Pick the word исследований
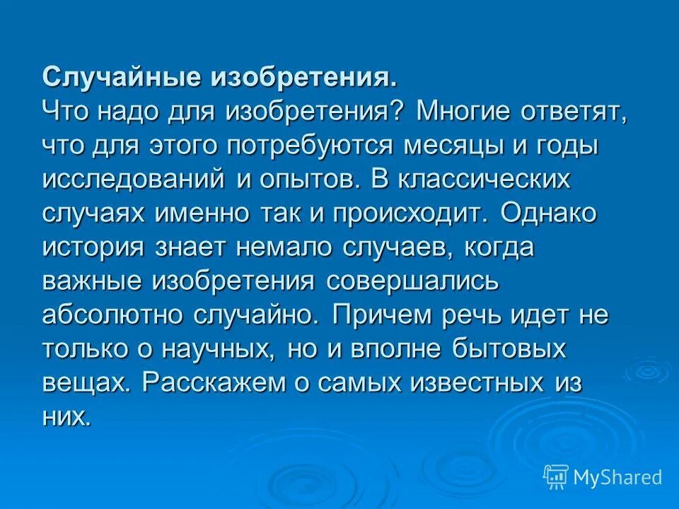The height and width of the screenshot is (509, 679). (132, 179)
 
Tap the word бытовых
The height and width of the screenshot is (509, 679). (509, 349)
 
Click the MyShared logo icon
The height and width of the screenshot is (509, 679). (556, 477)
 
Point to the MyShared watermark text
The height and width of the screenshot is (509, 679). (617, 478)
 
